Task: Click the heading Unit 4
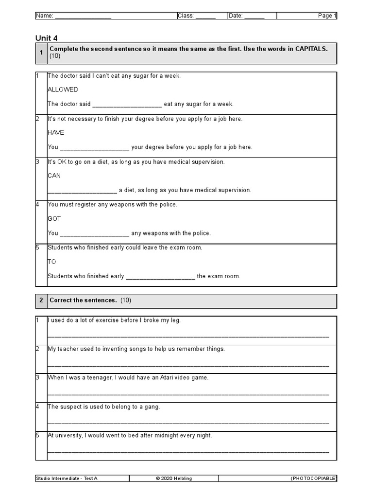[x=50, y=38]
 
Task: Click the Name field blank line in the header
[x=83, y=17]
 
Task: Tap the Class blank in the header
[x=205, y=17]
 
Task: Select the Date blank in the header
[x=254, y=17]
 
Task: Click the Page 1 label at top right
[x=327, y=16]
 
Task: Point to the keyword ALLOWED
[x=62, y=89]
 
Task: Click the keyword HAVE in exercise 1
[x=56, y=133]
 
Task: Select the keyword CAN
[x=54, y=176]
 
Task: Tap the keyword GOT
[x=54, y=219]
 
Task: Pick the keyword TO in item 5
[x=51, y=262]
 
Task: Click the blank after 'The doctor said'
[x=127, y=105]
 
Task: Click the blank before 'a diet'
[x=82, y=191]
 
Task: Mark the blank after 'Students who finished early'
[x=160, y=277]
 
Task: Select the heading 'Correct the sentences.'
[x=83, y=301]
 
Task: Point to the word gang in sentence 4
[x=152, y=407]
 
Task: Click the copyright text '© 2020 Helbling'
[x=173, y=479]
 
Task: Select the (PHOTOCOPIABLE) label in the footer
[x=313, y=479]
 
